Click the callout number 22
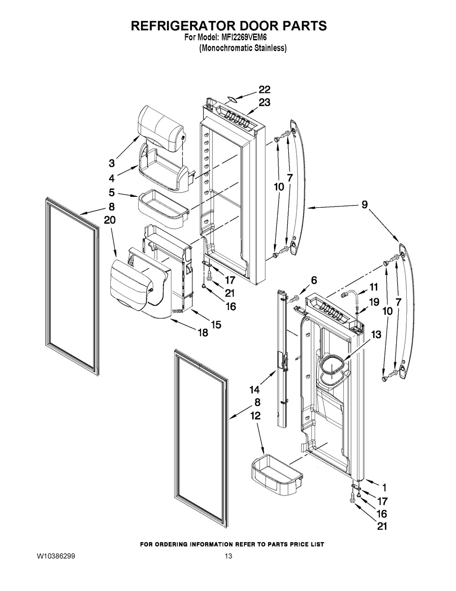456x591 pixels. (264, 90)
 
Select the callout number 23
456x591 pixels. (264, 102)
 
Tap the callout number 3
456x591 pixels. (112, 164)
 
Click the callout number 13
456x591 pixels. (376, 335)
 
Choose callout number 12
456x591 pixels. (254, 416)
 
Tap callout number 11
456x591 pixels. (374, 287)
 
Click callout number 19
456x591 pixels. (374, 302)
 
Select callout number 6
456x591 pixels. (314, 280)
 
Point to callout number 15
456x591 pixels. (216, 324)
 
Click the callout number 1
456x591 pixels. (384, 488)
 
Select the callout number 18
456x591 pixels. (203, 332)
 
